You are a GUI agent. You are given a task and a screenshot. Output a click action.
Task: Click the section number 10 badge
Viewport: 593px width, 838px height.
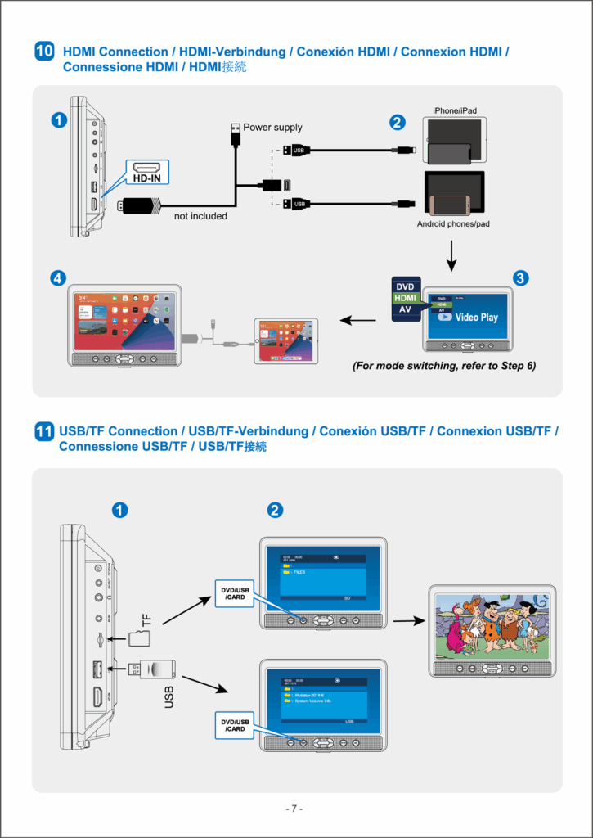(45, 52)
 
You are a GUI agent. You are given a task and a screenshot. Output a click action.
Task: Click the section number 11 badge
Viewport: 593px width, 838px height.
(44, 431)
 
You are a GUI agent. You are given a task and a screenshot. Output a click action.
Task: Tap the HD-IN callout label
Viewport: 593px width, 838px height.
(146, 173)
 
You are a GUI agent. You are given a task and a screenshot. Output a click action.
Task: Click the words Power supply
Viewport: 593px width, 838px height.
(272, 128)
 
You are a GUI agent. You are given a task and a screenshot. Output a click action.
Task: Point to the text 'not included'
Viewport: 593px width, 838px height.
(200, 216)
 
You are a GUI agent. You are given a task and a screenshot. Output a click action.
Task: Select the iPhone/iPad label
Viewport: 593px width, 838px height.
(455, 110)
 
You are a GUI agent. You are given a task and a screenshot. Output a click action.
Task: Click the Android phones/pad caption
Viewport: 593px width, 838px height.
(453, 224)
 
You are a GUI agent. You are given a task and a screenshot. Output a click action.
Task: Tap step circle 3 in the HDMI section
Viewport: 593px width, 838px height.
(520, 277)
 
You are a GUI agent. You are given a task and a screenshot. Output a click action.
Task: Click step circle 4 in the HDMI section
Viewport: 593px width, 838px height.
(58, 277)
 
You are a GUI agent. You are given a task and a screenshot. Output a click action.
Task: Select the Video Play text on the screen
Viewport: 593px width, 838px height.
(476, 318)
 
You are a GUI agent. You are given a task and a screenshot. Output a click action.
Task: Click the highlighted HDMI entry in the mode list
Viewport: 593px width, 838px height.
(406, 298)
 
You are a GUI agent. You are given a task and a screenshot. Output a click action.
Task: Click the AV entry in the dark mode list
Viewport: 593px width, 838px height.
(406, 309)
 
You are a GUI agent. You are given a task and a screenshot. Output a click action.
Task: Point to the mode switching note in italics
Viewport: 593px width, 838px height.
(444, 366)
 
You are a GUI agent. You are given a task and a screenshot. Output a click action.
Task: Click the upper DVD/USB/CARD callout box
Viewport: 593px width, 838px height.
(235, 592)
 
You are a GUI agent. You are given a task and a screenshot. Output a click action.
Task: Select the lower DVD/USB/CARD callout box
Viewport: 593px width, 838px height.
(235, 724)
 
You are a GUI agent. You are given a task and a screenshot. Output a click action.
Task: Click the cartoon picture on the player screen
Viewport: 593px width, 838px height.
(492, 624)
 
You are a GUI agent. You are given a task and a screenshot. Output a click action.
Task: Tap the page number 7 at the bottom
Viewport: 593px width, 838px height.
(295, 809)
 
